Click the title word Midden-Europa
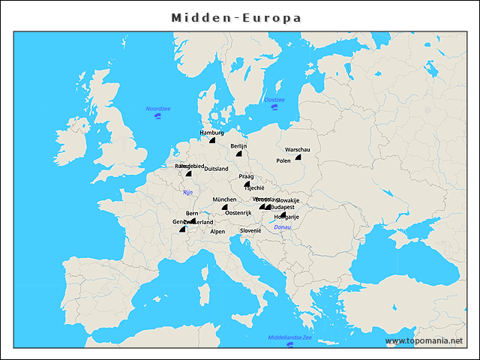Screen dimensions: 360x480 click(236, 16)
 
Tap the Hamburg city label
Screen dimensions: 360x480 click(211, 133)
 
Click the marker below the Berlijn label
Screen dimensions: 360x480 click(238, 153)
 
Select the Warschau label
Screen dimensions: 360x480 click(297, 150)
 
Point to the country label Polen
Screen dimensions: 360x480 click(283, 160)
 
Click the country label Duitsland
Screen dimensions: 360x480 click(217, 169)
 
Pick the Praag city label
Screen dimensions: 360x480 click(246, 176)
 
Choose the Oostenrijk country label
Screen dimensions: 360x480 click(238, 213)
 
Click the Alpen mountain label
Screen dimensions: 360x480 click(217, 232)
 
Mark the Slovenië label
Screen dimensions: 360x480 click(250, 231)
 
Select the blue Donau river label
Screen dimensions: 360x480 click(283, 226)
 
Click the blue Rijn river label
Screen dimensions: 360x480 click(187, 193)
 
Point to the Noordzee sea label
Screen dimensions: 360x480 click(158, 109)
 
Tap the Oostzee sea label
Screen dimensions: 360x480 click(274, 100)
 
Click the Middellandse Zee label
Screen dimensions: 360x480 click(289, 337)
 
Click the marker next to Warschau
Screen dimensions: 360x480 click(298, 157)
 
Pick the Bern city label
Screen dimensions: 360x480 click(192, 213)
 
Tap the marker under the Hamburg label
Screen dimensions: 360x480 click(212, 139)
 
